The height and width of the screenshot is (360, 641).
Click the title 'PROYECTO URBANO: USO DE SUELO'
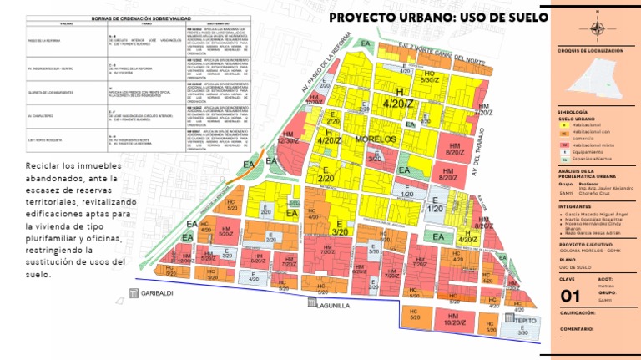click(438, 18)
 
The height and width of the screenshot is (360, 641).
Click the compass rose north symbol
click(597, 27)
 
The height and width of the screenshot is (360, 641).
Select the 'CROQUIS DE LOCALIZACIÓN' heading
click(590, 51)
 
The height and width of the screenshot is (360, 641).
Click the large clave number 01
click(571, 296)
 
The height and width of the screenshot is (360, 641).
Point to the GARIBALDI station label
click(156, 293)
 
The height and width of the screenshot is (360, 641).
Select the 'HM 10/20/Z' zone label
click(455, 318)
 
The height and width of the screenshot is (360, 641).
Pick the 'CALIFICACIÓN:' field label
click(576, 312)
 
